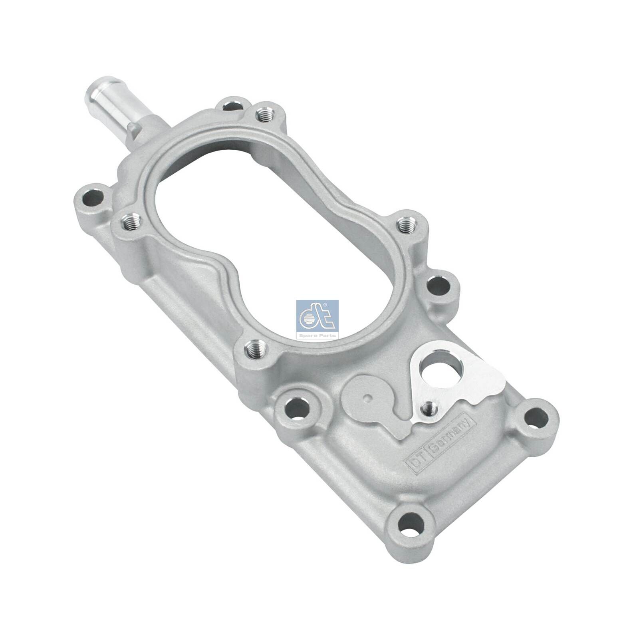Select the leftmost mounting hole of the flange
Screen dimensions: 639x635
89,198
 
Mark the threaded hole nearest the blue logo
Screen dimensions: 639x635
254,350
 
